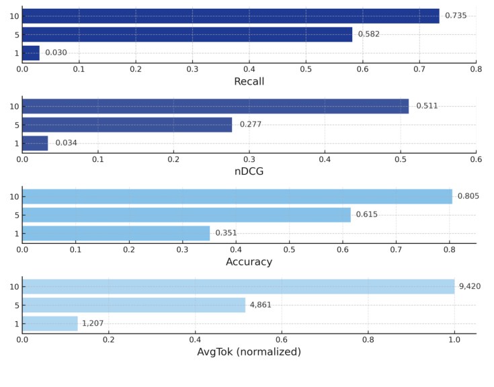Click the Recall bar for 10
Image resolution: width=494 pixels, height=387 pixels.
(x=231, y=16)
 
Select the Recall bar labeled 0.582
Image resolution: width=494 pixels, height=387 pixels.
(x=187, y=34)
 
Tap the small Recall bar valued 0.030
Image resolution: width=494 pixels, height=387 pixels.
(x=31, y=53)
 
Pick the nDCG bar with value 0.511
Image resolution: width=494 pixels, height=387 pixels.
(x=215, y=106)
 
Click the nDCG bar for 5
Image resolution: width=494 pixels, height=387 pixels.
(x=127, y=124)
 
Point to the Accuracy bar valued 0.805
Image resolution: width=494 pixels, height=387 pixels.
(x=237, y=196)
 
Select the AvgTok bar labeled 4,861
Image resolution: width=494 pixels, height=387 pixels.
(x=134, y=305)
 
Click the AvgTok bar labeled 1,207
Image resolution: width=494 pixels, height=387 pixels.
(x=50, y=323)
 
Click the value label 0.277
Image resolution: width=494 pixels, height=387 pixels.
(x=250, y=124)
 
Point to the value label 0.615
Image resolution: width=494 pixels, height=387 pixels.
(x=366, y=215)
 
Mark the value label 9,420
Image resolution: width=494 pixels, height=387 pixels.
(x=470, y=287)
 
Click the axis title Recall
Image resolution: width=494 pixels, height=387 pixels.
(x=249, y=82)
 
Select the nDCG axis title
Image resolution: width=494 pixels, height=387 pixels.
(x=249, y=172)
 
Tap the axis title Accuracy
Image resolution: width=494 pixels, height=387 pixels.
(x=249, y=262)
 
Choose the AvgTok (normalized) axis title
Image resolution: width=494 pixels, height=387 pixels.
(x=249, y=352)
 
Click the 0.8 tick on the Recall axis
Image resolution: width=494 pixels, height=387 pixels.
(x=476, y=69)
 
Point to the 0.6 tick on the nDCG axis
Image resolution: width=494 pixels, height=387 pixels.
(x=476, y=159)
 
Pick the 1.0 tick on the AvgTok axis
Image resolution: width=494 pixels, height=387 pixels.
(x=454, y=339)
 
